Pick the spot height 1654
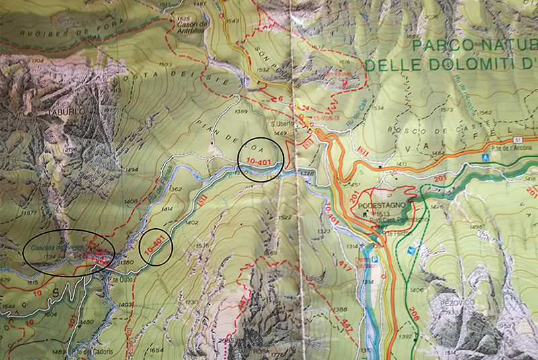[156, 351]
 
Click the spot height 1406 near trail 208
[418, 290]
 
